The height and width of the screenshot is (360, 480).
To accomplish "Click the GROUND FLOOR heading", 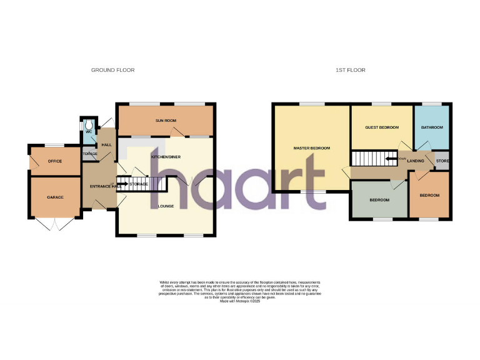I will click(x=112, y=70).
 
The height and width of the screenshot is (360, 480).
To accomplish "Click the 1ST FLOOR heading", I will click(x=350, y=70).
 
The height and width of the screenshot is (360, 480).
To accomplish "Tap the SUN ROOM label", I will click(x=164, y=120).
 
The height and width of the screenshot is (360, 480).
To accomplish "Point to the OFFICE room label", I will click(x=55, y=161).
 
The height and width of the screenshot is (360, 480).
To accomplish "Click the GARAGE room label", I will click(x=55, y=197).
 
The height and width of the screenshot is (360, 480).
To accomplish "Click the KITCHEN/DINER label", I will click(x=166, y=157).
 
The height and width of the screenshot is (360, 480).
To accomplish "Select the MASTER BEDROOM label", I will click(x=312, y=148).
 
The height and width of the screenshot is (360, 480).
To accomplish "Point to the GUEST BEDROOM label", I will click(x=382, y=127).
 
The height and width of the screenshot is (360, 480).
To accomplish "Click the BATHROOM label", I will click(x=432, y=127).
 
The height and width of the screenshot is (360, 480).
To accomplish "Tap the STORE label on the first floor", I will click(x=442, y=161).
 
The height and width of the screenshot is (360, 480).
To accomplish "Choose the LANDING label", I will click(x=416, y=161).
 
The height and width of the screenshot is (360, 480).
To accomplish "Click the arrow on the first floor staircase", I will click(x=392, y=159).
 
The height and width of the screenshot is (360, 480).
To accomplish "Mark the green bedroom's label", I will click(x=379, y=200).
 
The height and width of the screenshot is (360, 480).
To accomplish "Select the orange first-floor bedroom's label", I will click(x=429, y=195).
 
